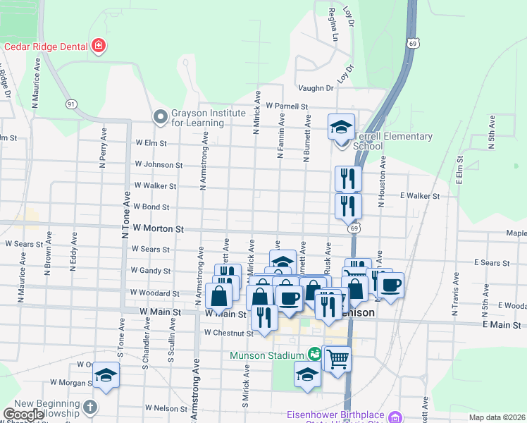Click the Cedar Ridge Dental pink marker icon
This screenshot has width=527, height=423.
click(99, 47)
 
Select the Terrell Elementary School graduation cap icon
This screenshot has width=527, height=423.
click(341, 128)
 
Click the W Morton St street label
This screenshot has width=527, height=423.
click(158, 229)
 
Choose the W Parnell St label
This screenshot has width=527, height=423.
click(287, 106)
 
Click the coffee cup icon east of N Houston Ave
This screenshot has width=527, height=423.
click(390, 286)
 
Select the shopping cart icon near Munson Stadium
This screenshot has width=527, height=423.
click(337, 359)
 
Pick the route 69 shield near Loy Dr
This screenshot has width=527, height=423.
click(410, 43)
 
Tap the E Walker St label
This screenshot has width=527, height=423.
click(419, 196)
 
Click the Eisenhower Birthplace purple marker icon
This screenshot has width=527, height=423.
click(395, 416)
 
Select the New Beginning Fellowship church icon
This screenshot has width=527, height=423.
click(89, 407)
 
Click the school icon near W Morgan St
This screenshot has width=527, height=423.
click(106, 375)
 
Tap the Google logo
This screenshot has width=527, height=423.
click(23, 415)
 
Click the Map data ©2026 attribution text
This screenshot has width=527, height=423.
click(497, 417)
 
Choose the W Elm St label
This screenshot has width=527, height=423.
click(151, 142)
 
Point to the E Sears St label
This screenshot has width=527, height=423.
click(492, 262)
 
